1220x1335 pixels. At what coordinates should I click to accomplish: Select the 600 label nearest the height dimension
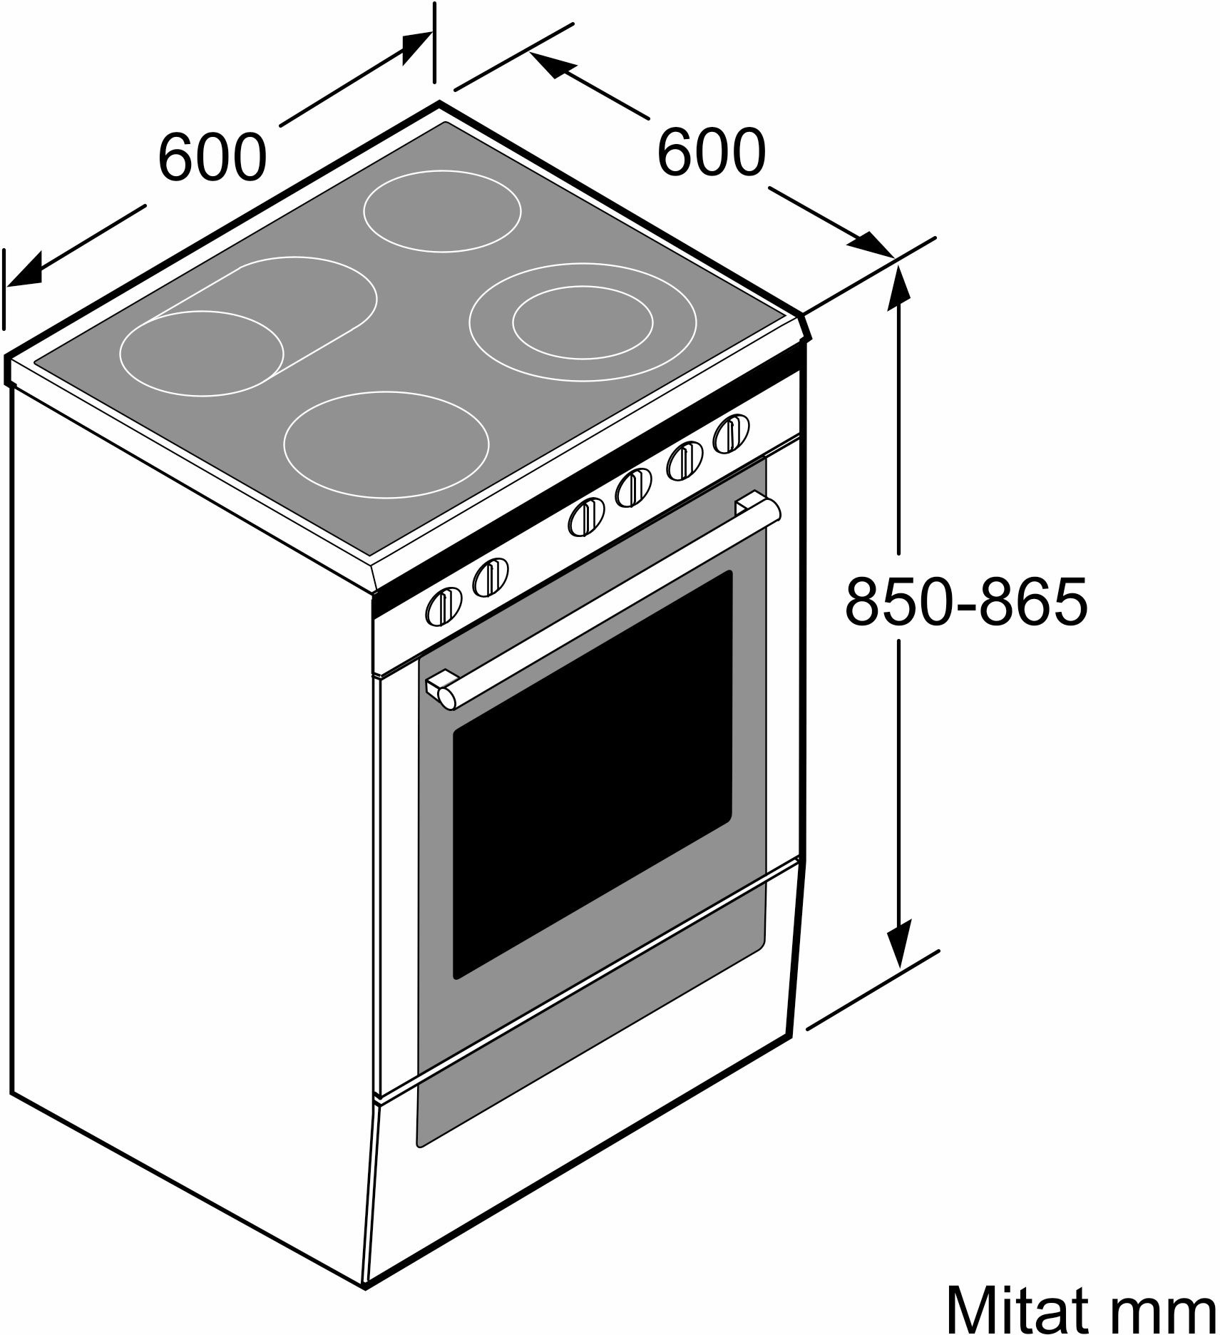pyautogui.click(x=711, y=152)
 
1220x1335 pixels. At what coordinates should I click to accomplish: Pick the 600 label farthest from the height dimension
pyautogui.click(x=212, y=156)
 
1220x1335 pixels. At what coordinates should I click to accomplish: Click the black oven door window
pyautogui.click(x=593, y=774)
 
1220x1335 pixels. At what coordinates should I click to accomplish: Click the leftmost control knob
pyautogui.click(x=444, y=607)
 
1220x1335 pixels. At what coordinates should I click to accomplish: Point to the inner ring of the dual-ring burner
pyautogui.click(x=583, y=322)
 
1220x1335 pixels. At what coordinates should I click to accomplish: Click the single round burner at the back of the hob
pyautogui.click(x=442, y=211)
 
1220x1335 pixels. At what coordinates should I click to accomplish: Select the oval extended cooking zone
pyautogui.click(x=248, y=326)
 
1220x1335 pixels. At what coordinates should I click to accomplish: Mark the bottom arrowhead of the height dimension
pyautogui.click(x=900, y=943)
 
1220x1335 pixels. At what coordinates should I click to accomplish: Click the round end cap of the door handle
pyautogui.click(x=447, y=698)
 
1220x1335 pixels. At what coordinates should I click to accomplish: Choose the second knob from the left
pyautogui.click(x=491, y=577)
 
